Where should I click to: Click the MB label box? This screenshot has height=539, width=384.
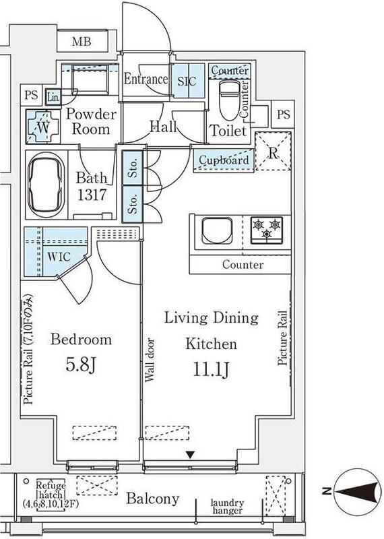coord(82,41)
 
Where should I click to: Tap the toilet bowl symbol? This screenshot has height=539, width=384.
coord(230,100)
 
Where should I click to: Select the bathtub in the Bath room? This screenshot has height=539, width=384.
coord(46,185)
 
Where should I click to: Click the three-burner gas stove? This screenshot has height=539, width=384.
coord(266,230)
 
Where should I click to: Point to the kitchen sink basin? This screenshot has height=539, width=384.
coord(216,230)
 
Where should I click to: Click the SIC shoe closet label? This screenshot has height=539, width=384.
coord(187,81)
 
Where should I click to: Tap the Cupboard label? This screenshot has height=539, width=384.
coord(224,160)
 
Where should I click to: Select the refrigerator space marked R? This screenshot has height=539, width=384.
coord(274,151)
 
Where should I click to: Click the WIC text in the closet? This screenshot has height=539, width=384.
coord(59,257)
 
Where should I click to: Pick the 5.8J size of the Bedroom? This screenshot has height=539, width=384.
coord(80,364)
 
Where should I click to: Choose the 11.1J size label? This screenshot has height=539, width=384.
coord(211,369)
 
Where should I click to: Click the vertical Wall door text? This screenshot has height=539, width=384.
coord(150,360)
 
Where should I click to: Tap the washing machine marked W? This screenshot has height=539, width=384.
coord(42,127)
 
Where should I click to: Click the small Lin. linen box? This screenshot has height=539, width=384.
coord(53,97)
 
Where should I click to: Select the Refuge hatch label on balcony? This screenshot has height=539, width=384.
coord(51,495)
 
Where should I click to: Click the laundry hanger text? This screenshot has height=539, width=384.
coord(227,507)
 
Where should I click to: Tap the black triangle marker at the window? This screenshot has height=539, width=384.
coord(191,455)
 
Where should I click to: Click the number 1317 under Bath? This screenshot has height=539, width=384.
coord(92,195)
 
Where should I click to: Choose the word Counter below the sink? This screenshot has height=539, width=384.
coord(243,264)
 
